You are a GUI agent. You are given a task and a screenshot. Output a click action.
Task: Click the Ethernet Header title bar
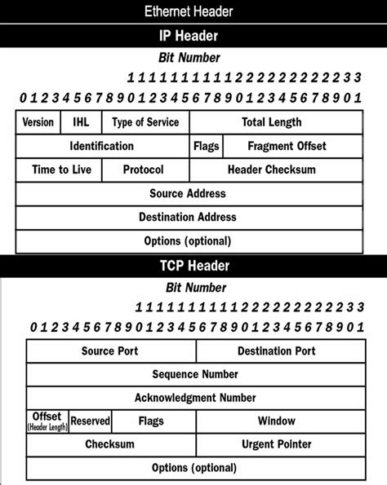click(193, 11)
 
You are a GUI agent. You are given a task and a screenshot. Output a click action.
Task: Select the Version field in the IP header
click(37, 122)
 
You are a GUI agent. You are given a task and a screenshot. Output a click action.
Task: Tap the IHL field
click(81, 122)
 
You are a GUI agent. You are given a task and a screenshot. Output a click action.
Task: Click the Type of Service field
click(145, 122)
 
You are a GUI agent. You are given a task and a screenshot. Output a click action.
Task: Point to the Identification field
click(102, 146)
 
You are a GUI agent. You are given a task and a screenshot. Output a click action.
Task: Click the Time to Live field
click(59, 170)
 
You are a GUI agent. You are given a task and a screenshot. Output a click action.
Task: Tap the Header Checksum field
click(276, 170)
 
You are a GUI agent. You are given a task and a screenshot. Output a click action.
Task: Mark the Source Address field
click(189, 194)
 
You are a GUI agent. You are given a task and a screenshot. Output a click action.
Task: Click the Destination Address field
click(189, 218)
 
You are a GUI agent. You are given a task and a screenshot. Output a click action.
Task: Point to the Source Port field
click(110, 351)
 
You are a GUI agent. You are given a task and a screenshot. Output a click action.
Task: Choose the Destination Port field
click(276, 351)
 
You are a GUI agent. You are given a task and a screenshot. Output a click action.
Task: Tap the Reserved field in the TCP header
click(90, 421)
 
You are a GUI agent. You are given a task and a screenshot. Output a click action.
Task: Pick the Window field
click(276, 421)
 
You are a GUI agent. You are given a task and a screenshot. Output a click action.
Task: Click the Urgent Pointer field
click(276, 444)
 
